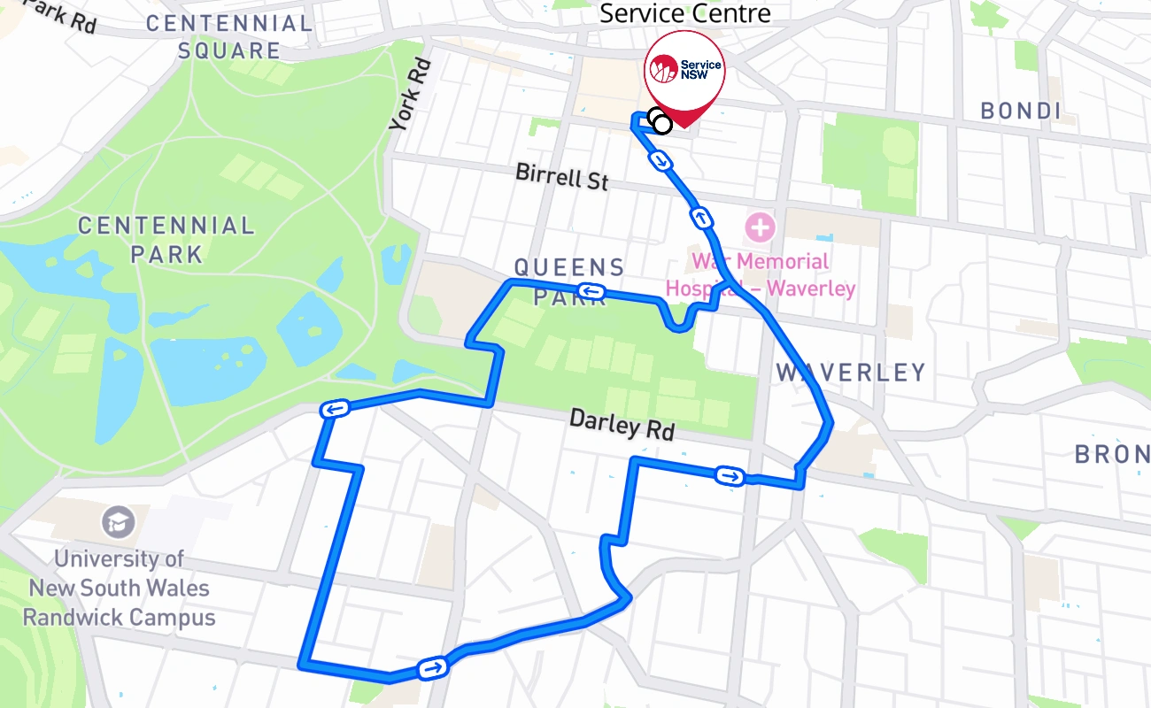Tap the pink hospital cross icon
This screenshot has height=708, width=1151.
pyautogui.click(x=759, y=227)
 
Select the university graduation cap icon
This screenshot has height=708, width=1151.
pyautogui.click(x=118, y=522)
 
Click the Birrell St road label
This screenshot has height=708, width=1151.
pyautogui.click(x=562, y=176)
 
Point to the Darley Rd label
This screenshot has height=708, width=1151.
pyautogui.click(x=622, y=424)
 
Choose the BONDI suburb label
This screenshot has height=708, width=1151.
pyautogui.click(x=1021, y=111)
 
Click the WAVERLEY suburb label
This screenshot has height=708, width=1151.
pyautogui.click(x=851, y=373)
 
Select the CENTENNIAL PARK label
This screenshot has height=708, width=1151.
pyautogui.click(x=166, y=240)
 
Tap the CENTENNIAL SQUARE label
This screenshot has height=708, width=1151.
pyautogui.click(x=228, y=36)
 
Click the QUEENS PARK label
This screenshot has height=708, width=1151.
pyautogui.click(x=569, y=280)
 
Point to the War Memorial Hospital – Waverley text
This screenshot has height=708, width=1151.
pyautogui.click(x=761, y=275)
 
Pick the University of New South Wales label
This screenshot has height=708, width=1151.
pyautogui.click(x=119, y=588)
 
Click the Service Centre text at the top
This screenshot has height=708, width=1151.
pyautogui.click(x=684, y=13)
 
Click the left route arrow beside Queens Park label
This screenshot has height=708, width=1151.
pyautogui.click(x=591, y=290)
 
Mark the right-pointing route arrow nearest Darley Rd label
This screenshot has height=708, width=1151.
pyautogui.click(x=730, y=477)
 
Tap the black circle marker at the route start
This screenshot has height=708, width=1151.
pyautogui.click(x=660, y=123)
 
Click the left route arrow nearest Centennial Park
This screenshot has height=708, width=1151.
pyautogui.click(x=335, y=408)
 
